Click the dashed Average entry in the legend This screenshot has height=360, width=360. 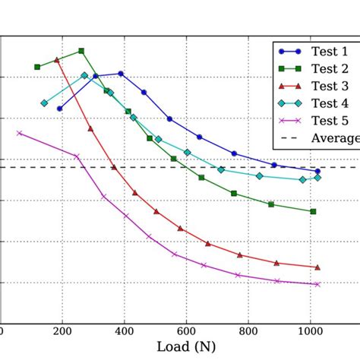(x=334, y=138)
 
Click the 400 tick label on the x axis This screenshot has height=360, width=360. (x=124, y=331)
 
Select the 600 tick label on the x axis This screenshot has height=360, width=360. (x=185, y=331)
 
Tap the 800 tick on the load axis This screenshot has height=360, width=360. (x=248, y=331)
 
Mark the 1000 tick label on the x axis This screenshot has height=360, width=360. (x=309, y=331)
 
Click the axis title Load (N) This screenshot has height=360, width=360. (x=185, y=348)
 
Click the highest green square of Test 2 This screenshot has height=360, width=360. (x=81, y=51)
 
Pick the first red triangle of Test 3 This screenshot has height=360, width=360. (x=57, y=59)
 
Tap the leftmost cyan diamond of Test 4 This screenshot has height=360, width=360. (x=44, y=103)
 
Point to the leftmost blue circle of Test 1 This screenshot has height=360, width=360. (x=60, y=109)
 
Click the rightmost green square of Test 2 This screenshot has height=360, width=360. (x=313, y=211)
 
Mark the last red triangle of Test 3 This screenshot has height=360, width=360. (x=317, y=267)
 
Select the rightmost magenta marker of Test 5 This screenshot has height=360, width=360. (x=317, y=284)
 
